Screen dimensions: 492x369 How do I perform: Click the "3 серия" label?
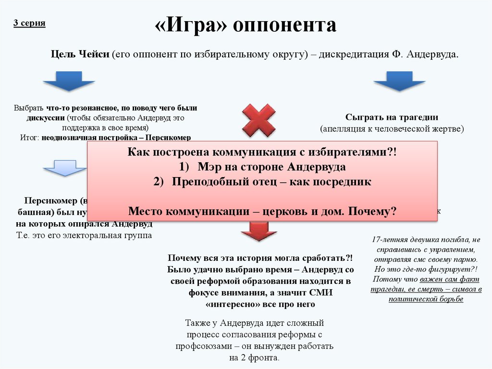point(29,23)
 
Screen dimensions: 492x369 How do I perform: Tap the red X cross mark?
point(258,120)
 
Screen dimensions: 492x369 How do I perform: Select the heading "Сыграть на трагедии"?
point(392,117)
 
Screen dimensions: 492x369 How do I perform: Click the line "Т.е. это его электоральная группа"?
point(84,235)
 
